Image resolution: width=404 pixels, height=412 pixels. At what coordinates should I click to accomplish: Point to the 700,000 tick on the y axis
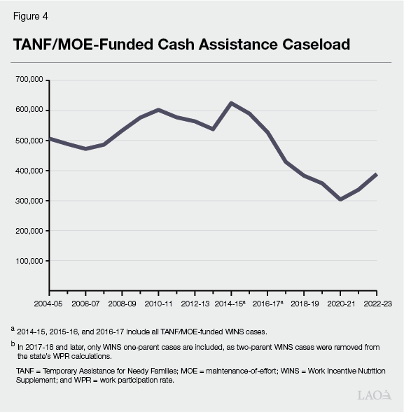[x=30, y=80]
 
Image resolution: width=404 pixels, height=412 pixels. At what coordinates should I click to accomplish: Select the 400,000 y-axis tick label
[x=30, y=171]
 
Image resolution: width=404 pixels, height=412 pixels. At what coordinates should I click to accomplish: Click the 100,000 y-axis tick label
[x=30, y=261]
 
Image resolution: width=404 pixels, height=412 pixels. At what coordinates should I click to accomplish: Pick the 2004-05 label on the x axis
[x=49, y=304]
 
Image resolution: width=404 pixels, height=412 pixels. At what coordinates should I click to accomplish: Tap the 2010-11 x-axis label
[x=158, y=304]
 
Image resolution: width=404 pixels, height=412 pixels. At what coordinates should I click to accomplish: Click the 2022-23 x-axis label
[x=377, y=304]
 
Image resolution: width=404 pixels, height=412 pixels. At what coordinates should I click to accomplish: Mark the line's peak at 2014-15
[x=232, y=103]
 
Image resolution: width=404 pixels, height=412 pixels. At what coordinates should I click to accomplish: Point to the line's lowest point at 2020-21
[x=341, y=199]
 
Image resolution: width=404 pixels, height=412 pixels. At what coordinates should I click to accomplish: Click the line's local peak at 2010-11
[x=158, y=110]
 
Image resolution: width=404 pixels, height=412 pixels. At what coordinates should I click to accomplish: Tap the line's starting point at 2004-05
[x=50, y=138]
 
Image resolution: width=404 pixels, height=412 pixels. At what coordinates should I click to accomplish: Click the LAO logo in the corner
[x=375, y=395]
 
